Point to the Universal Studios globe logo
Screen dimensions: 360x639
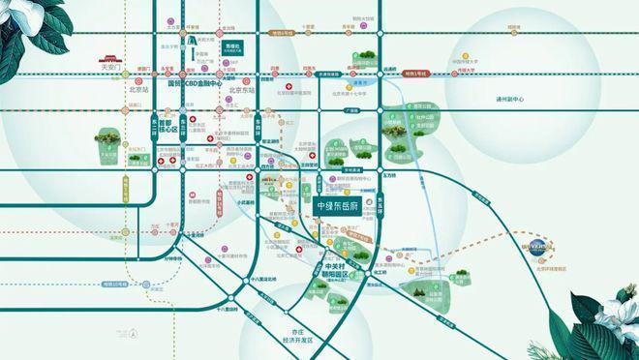(538, 248)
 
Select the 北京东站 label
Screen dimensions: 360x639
(238, 91)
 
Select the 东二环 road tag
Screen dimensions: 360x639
(152, 126)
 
